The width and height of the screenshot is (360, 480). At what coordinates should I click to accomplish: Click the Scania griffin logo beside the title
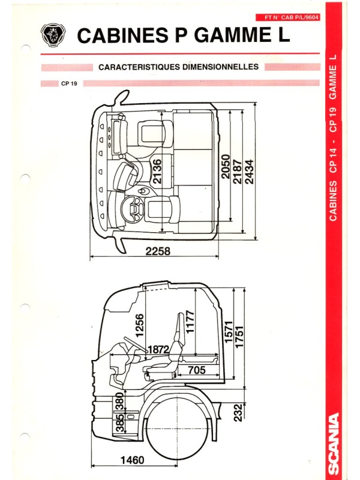[53, 35]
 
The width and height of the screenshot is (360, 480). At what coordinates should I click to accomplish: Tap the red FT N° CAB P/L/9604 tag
[288, 17]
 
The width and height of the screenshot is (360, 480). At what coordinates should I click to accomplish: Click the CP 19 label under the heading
[69, 83]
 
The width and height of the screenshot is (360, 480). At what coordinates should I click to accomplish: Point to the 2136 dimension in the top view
[157, 172]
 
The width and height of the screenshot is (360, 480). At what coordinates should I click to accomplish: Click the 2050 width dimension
[226, 167]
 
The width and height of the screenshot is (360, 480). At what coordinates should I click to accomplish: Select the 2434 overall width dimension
[250, 172]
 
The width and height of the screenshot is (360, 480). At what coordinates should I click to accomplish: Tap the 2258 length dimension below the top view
[158, 251]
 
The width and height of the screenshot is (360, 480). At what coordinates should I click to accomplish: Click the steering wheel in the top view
[133, 209]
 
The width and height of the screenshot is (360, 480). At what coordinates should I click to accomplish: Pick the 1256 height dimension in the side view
[139, 325]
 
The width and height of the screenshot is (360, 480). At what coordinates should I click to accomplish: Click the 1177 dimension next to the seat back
[190, 322]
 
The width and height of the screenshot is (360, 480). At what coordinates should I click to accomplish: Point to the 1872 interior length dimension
[158, 349]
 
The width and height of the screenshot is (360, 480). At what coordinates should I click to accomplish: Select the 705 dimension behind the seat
[197, 370]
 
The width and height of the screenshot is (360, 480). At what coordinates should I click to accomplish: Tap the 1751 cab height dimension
[239, 337]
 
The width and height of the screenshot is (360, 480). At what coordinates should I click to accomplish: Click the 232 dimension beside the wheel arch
[238, 412]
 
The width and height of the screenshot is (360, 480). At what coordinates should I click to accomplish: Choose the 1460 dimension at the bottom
[132, 460]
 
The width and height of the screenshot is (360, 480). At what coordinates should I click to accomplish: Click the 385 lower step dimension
[120, 422]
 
